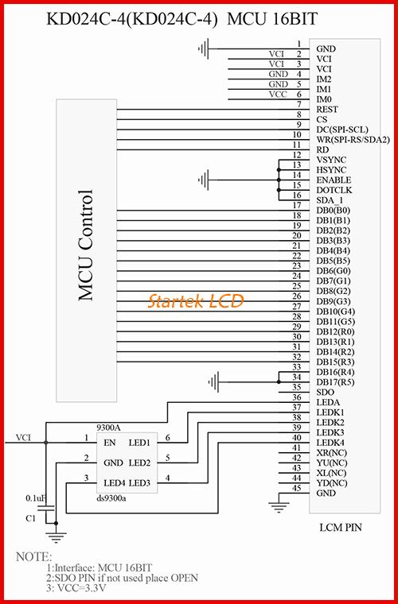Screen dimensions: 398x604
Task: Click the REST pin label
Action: point(327,110)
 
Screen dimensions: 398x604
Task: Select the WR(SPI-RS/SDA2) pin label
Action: point(353,139)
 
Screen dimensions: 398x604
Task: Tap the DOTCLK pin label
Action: point(334,190)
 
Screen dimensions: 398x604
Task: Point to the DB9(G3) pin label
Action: point(334,301)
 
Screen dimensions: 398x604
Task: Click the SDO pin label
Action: point(325,393)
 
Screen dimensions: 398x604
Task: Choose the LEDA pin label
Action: point(328,403)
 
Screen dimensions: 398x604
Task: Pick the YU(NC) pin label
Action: point(332,463)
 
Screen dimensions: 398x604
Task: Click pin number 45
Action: point(297,488)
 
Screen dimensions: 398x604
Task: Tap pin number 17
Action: point(297,205)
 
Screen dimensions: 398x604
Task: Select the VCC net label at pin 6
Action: point(278,94)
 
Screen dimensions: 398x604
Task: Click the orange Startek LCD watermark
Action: point(196,300)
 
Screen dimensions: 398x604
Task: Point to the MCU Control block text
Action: point(86,246)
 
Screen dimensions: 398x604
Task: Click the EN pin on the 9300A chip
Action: point(110,442)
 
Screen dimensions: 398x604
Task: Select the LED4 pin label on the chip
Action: point(113,482)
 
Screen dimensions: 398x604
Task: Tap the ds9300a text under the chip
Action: point(111,499)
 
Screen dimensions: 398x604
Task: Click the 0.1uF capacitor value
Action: point(36,498)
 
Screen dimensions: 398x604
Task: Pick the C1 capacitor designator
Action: point(30,519)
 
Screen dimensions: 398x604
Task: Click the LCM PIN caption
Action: point(341,527)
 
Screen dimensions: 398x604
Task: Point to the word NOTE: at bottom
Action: point(33,556)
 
